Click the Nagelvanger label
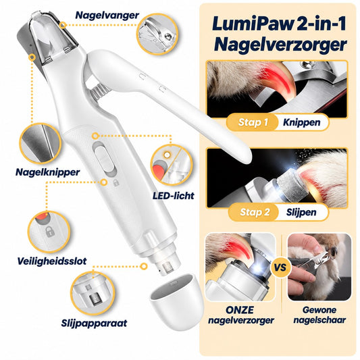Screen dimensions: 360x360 [x=107, y=16]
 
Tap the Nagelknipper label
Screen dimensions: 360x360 [x=47, y=172]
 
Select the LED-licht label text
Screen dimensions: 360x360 [x=174, y=196]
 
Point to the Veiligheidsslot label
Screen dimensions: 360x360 [x=52, y=261]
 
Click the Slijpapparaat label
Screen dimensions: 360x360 [x=94, y=323]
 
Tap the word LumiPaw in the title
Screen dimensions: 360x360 [x=253, y=24]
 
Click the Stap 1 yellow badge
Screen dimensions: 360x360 [x=253, y=122]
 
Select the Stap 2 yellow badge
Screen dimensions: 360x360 [x=254, y=212]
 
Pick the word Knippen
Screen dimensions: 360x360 [x=302, y=123]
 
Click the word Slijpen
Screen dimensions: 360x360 [x=301, y=212]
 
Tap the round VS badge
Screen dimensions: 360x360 [x=280, y=267]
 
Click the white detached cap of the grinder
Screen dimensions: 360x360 [x=176, y=301]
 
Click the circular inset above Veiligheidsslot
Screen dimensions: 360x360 [x=49, y=232]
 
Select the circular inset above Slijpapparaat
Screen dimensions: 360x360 [x=93, y=293]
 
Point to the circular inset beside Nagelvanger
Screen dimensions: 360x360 [x=157, y=34]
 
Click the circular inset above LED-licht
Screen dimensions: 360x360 [x=172, y=165]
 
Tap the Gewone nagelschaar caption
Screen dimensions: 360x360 [x=319, y=315]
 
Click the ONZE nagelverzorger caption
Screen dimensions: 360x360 [x=241, y=315]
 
